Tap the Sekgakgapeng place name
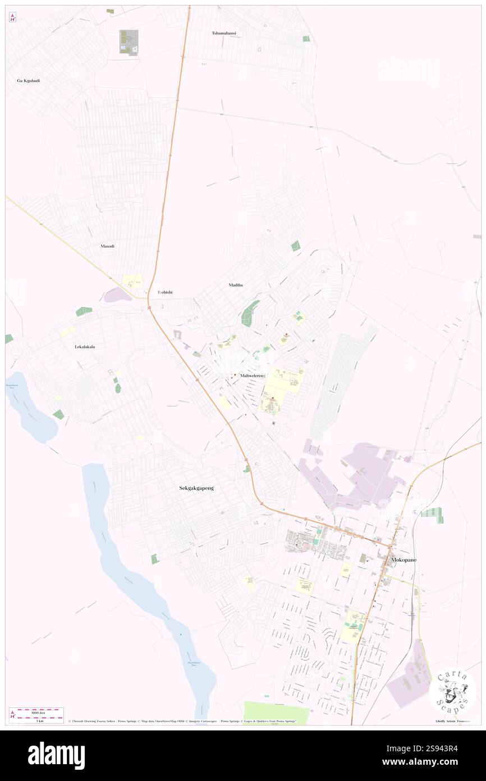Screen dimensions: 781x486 193,488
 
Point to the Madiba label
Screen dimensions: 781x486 236,285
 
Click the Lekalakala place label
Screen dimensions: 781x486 85,347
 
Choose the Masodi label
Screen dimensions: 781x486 107,246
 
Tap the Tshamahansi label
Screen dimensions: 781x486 224,33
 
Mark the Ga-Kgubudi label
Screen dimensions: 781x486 28,80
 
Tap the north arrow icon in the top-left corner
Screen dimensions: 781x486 13,18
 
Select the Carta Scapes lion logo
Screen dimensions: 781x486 452,691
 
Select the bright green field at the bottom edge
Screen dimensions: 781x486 276,712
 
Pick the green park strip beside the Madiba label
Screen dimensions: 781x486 250,312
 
